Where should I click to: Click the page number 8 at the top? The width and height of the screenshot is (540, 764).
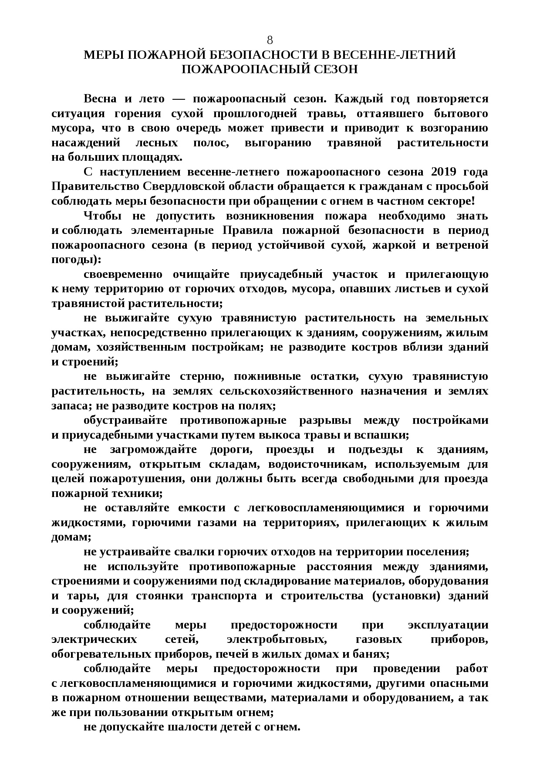pos(270,41)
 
